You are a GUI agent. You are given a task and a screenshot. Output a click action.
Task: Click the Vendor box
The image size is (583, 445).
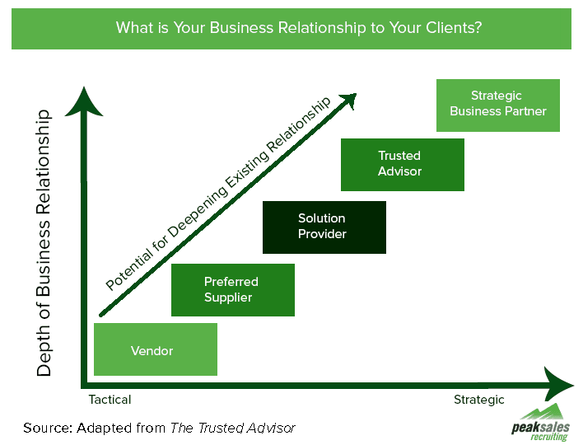click(x=156, y=349)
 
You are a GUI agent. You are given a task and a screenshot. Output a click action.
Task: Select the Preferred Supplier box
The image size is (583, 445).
click(x=232, y=290)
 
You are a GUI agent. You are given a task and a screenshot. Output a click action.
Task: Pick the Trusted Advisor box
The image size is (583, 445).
click(x=402, y=164)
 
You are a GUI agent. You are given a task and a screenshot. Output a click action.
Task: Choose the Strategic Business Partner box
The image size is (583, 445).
click(x=497, y=105)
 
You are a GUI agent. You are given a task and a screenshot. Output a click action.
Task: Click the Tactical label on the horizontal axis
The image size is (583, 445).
click(x=110, y=400)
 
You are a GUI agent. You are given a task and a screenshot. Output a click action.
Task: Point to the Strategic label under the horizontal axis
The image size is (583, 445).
click(x=478, y=400)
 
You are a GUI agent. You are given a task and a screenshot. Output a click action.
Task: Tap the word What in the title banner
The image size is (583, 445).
click(x=133, y=28)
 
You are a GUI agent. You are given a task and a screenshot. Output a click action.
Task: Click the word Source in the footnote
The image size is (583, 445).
click(x=47, y=427)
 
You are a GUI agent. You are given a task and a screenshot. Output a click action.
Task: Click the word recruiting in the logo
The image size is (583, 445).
click(x=548, y=437)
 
